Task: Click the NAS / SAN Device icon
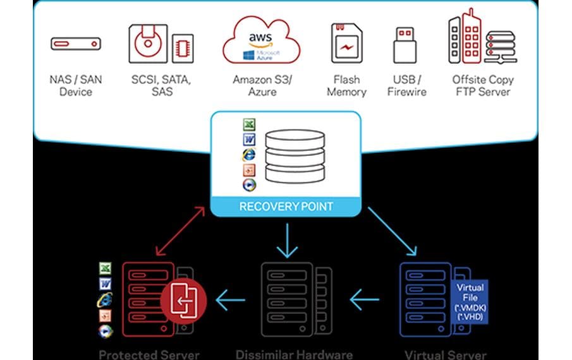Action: click(x=75, y=45)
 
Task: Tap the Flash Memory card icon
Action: click(x=346, y=44)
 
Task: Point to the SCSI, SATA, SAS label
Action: click(x=161, y=86)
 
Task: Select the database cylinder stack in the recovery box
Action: click(x=295, y=155)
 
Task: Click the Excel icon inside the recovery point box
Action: click(x=248, y=124)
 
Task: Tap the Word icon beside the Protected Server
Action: click(x=105, y=284)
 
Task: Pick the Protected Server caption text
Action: click(x=149, y=354)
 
